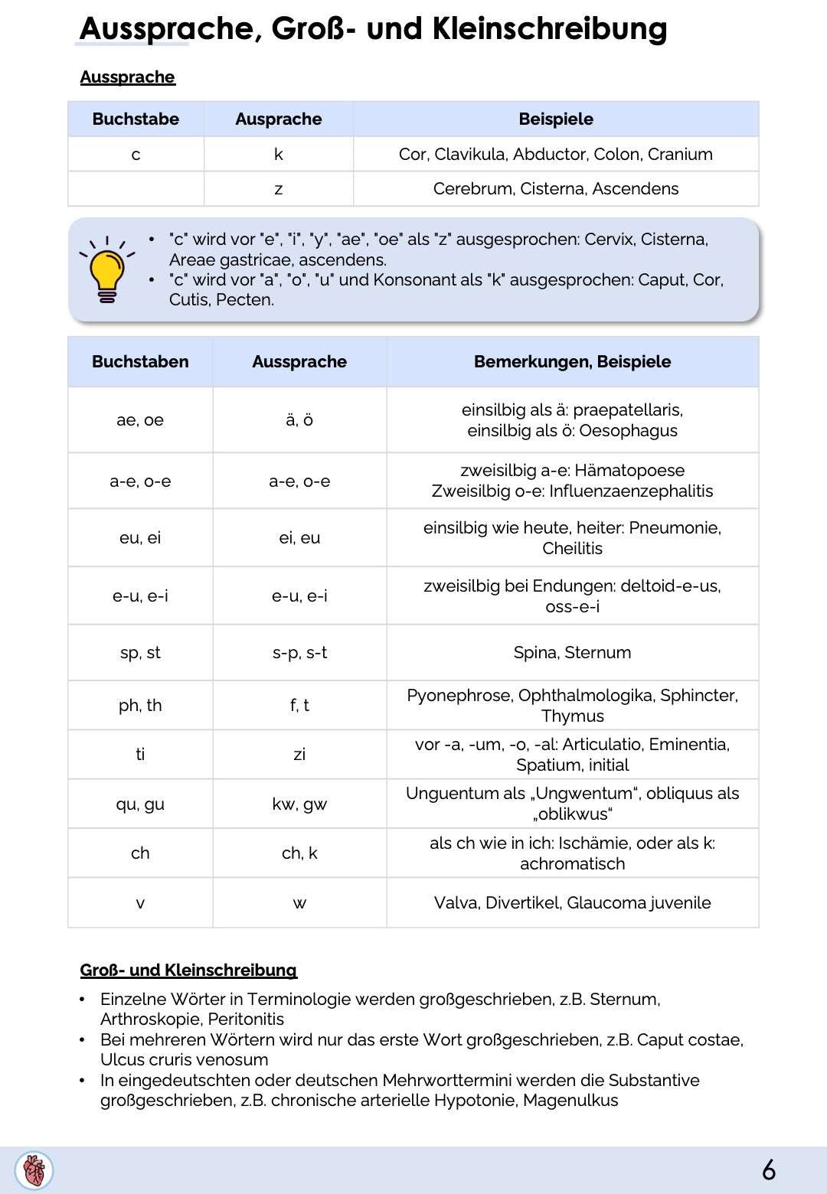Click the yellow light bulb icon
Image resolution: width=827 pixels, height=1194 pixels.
coord(106,271)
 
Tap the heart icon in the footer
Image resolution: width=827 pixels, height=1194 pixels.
coord(34,1170)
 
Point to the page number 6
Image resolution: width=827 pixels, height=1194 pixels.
coord(768,1170)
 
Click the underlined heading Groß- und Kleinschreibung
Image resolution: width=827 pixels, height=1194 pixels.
coord(188,970)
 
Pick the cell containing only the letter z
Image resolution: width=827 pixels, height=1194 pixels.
coord(278,189)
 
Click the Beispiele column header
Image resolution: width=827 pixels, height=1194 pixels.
coord(555,119)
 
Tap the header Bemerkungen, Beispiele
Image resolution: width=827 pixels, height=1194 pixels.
coord(572,362)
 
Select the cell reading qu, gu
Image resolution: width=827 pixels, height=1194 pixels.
coord(140,804)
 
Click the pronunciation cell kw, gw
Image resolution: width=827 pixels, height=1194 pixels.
coord(299,804)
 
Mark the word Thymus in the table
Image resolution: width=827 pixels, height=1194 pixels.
coord(572,716)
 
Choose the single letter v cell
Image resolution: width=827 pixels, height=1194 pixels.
coord(140,903)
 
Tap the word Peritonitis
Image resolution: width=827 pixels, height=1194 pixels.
coord(246,1019)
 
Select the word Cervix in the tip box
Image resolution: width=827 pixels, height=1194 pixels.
coord(610,240)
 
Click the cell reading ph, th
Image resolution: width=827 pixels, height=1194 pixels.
coord(140,706)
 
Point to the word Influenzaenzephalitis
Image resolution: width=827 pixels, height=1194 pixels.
coord(631,491)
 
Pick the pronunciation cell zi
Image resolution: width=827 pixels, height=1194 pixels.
coord(299,755)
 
